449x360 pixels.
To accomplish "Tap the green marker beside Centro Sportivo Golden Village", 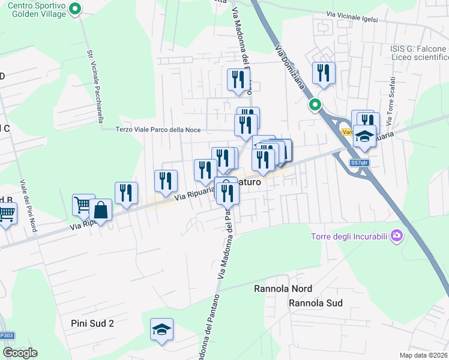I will pos(75,9).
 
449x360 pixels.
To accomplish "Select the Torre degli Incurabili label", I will pos(349,235).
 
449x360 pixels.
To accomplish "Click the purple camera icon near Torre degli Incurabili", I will pos(396,235).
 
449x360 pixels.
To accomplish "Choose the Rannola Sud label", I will pos(315,303).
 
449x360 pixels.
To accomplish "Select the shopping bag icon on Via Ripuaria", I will pos(101,210).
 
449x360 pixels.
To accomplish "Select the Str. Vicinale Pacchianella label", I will pos(95,84).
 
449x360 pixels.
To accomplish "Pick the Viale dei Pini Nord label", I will pos(28,205).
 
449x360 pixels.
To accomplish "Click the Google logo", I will pos(20,353).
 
